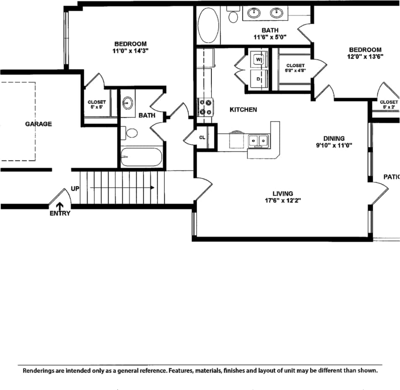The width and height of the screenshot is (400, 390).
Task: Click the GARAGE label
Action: point(38,124)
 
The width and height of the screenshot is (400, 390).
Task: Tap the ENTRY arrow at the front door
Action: point(60,205)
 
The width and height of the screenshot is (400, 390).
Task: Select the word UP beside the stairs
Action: point(75,189)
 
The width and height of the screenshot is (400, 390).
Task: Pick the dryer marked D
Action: point(258,79)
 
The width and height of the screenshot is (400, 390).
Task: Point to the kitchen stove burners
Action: point(205,107)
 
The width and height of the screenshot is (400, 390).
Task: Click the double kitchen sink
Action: point(257,141)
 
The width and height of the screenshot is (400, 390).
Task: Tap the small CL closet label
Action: point(202,137)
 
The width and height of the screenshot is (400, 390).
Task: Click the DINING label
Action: point(334,138)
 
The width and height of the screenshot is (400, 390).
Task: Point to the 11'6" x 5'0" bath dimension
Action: point(270,37)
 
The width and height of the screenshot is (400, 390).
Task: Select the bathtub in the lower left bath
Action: point(141,158)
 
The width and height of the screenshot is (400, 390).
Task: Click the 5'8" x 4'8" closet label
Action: point(296,71)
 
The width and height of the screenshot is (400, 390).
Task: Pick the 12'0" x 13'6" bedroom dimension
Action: point(364,56)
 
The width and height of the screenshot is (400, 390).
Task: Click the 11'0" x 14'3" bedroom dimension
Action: point(130,50)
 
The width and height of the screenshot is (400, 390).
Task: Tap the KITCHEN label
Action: point(243,109)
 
